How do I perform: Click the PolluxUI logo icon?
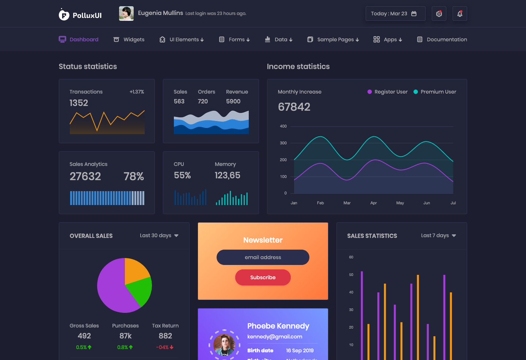click(64, 15)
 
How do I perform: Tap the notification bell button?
click(460, 14)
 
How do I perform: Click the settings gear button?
click(439, 14)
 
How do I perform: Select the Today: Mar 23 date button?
click(395, 14)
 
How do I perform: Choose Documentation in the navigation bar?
click(442, 39)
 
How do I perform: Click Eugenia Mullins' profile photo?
click(126, 14)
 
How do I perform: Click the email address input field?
click(263, 257)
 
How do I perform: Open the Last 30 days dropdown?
click(159, 235)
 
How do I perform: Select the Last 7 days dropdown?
click(438, 235)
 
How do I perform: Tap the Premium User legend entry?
click(435, 92)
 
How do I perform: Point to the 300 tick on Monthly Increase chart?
click(283, 143)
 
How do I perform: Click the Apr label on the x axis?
click(373, 203)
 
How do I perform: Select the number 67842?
click(294, 107)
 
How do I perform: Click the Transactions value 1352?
click(79, 103)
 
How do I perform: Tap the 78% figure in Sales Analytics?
click(134, 176)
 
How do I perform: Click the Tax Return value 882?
click(165, 336)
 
